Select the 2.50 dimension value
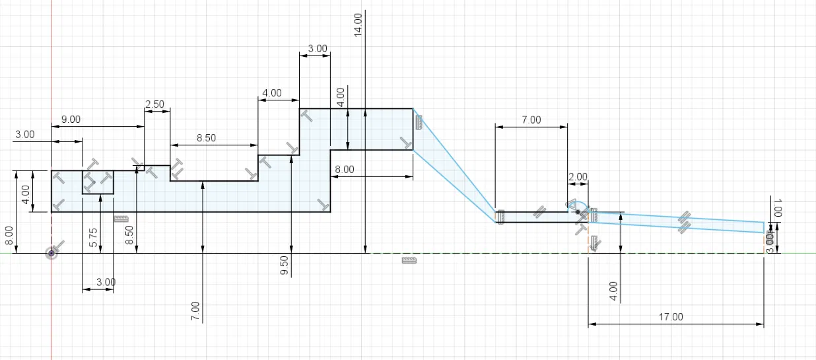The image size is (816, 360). (x=154, y=104)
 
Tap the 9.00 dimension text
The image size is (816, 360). (x=71, y=120)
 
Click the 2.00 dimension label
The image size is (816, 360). (x=578, y=177)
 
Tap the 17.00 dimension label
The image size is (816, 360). (x=671, y=317)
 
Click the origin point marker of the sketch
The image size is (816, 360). (x=51, y=253)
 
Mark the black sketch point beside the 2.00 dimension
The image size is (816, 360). (x=578, y=212)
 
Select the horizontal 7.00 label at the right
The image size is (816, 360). (x=531, y=120)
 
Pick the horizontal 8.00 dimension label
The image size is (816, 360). (x=344, y=170)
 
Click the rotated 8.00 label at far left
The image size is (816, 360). (x=8, y=236)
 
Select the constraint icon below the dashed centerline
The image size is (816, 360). (x=409, y=261)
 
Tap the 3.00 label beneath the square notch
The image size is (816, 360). (x=105, y=282)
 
